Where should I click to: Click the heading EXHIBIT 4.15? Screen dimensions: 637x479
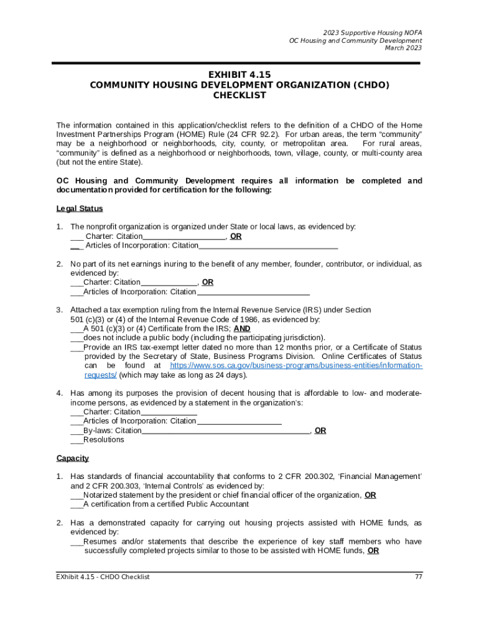click(x=240, y=75)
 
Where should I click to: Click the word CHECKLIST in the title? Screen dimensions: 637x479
click(x=240, y=96)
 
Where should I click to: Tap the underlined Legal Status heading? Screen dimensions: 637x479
click(x=80, y=208)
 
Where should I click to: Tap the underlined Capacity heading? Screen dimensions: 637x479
click(x=72, y=458)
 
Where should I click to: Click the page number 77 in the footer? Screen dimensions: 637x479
click(x=418, y=577)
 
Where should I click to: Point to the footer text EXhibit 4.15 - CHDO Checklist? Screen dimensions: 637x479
click(x=103, y=577)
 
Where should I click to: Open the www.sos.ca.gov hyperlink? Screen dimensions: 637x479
click(x=296, y=366)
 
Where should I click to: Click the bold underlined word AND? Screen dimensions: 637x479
click(x=242, y=328)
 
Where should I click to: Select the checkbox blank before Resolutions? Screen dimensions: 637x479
click(x=77, y=440)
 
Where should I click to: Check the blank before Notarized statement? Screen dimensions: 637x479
click(x=77, y=495)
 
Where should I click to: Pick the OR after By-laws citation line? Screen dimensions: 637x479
click(x=320, y=430)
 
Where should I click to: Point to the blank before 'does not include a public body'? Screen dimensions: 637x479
click(x=77, y=338)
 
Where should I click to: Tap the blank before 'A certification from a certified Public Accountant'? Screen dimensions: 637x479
click(x=77, y=504)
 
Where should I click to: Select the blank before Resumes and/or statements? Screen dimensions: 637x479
click(x=77, y=542)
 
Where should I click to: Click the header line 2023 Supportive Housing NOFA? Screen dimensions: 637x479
click(x=372, y=32)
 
